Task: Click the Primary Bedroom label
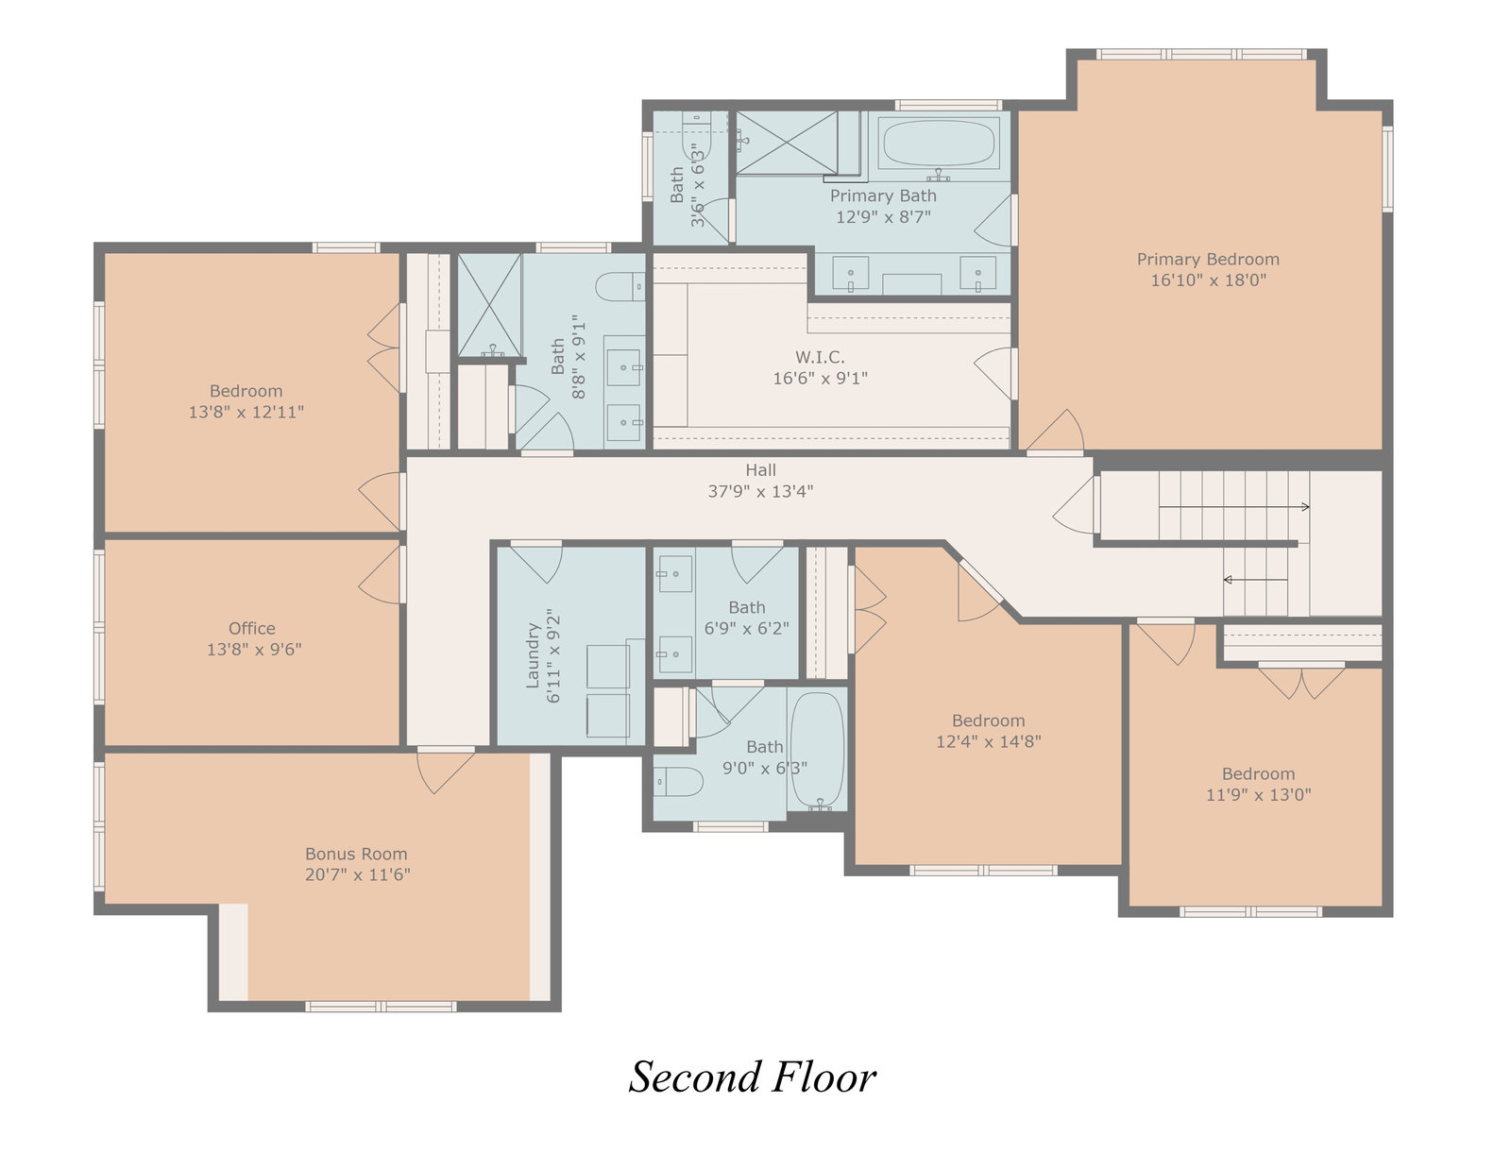tap(1208, 260)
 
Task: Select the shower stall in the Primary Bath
tap(787, 143)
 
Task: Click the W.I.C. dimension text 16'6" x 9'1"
tap(821, 378)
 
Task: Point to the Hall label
tap(761, 470)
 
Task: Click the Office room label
tap(252, 629)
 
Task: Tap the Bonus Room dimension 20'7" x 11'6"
tap(357, 874)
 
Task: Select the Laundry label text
tap(534, 655)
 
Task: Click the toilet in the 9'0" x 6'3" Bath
tap(678, 781)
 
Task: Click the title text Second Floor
tap(753, 1077)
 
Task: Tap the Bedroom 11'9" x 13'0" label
tap(1259, 773)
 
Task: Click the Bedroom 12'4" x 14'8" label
tap(988, 721)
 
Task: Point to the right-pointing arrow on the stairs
tap(1234, 507)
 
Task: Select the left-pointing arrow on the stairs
tap(1256, 580)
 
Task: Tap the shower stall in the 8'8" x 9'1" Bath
tap(489, 306)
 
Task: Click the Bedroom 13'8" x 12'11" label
tap(246, 391)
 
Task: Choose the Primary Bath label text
tap(883, 196)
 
